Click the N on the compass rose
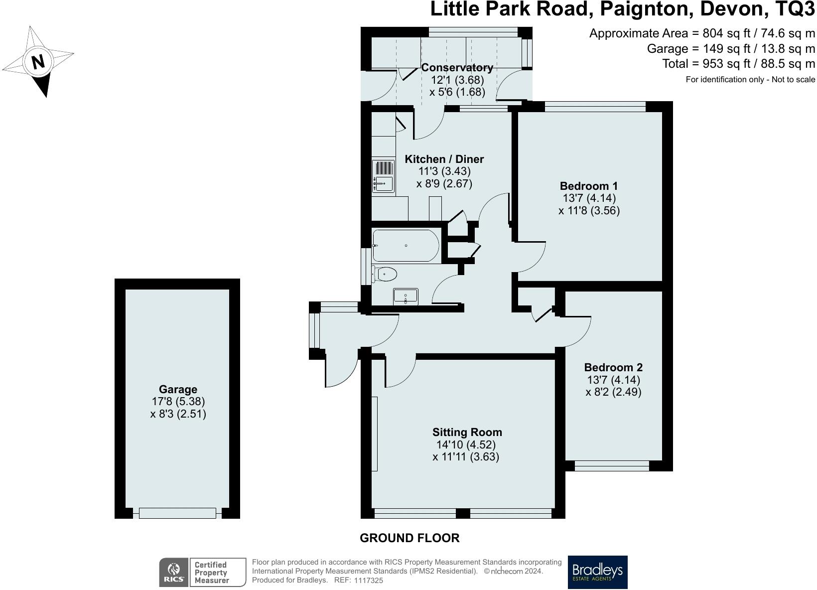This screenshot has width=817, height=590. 38,62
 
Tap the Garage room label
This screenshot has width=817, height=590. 178,389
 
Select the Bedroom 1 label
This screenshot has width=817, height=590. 589,186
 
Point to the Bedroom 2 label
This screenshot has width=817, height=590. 613,367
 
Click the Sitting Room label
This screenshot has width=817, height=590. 467,433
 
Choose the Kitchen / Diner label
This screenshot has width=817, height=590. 444,159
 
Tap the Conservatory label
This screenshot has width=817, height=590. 457,67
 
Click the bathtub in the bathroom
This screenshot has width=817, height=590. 406,246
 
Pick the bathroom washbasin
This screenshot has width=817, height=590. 406,296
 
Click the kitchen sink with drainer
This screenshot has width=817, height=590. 383,176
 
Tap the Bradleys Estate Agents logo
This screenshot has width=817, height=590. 598,572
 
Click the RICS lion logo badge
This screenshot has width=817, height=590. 173,573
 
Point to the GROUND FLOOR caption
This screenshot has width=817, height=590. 409,538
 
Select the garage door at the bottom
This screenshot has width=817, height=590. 178,513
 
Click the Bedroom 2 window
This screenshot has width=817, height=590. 612,466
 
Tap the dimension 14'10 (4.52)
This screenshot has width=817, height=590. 466,445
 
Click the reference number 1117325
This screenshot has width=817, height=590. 368,580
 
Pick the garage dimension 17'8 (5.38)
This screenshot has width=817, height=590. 178,401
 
